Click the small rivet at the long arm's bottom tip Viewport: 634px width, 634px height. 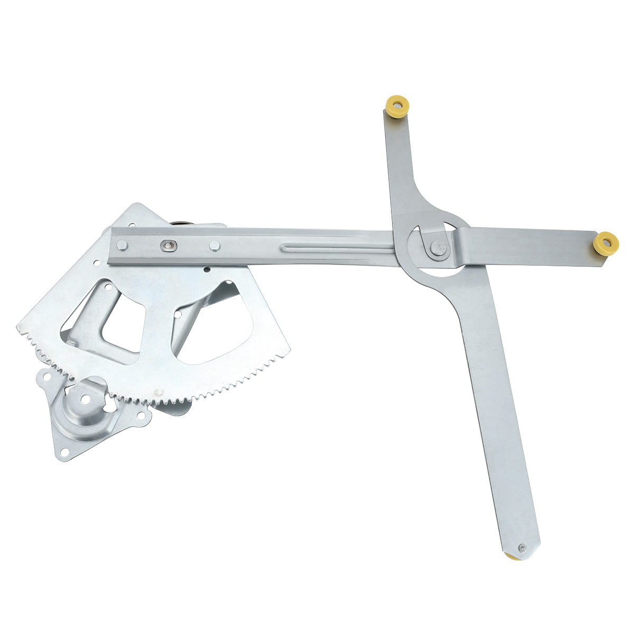[522, 548]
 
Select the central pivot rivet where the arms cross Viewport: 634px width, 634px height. [437, 247]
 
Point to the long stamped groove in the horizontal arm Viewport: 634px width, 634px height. [338, 246]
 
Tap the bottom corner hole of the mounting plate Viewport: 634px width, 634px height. [63, 452]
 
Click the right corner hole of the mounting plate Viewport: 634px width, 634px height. [140, 415]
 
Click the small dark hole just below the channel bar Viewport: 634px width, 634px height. [207, 269]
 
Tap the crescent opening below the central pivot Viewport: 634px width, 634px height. [434, 272]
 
